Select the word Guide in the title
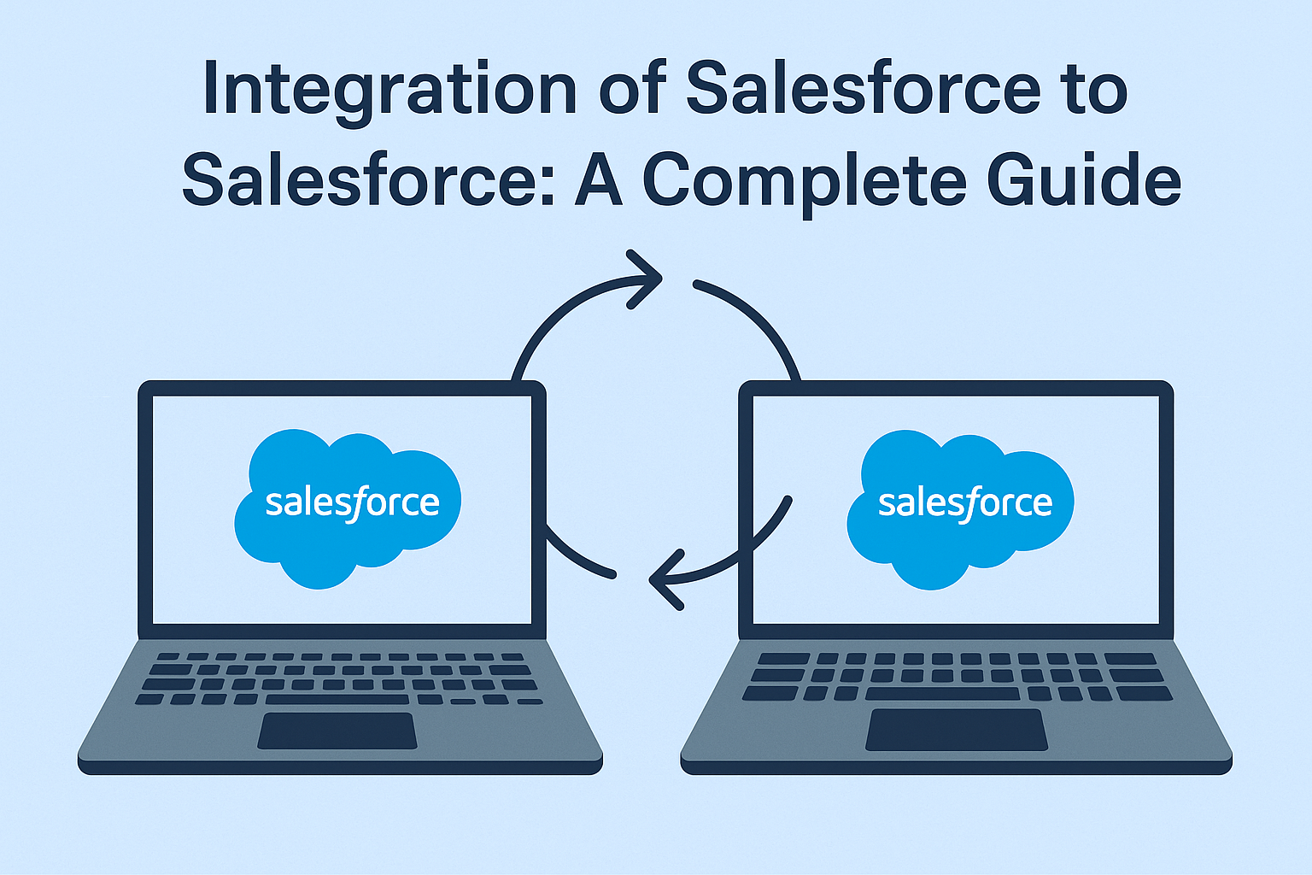(x=1084, y=179)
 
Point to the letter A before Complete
(x=598, y=179)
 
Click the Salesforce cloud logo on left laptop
(x=348, y=508)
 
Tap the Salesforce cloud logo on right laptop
(x=961, y=509)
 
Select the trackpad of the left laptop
(x=337, y=731)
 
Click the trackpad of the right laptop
(x=957, y=730)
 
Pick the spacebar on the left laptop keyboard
(x=337, y=699)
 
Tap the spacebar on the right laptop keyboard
(x=943, y=694)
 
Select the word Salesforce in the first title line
(x=864, y=87)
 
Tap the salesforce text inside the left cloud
(x=353, y=503)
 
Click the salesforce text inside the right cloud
(x=965, y=503)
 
